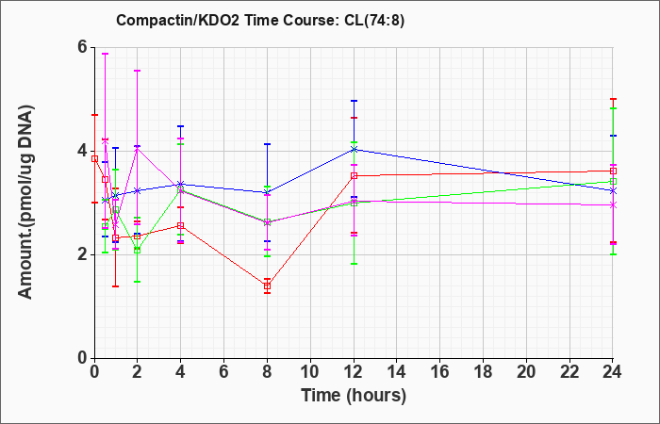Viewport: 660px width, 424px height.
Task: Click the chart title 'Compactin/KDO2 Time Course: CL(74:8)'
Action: click(260, 20)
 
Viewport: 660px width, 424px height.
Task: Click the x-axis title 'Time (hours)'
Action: click(354, 396)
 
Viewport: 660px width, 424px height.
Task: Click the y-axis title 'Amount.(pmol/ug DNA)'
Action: click(26, 203)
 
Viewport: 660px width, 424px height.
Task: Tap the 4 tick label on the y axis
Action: click(84, 151)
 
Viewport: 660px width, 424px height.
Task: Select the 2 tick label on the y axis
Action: click(84, 255)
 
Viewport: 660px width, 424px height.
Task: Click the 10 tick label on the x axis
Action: click(310, 372)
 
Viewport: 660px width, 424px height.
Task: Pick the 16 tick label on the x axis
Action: click(440, 372)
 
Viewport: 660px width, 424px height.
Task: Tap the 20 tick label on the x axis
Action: click(526, 372)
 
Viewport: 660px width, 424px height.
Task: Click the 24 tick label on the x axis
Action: click(613, 372)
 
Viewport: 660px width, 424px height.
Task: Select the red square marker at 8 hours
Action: click(267, 286)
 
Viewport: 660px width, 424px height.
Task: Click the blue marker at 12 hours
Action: click(354, 149)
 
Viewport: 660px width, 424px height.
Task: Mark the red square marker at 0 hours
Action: click(94, 158)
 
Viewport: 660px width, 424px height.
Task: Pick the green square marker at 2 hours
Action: click(138, 251)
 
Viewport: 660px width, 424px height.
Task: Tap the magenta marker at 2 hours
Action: click(138, 148)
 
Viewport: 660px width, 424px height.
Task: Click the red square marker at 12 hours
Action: click(354, 176)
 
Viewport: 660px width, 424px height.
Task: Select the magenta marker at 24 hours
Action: click(613, 204)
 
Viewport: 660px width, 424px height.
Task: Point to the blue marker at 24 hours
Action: click(613, 190)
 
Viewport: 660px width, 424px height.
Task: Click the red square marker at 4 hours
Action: click(181, 225)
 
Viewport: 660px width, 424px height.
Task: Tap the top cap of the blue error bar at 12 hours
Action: click(354, 101)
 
